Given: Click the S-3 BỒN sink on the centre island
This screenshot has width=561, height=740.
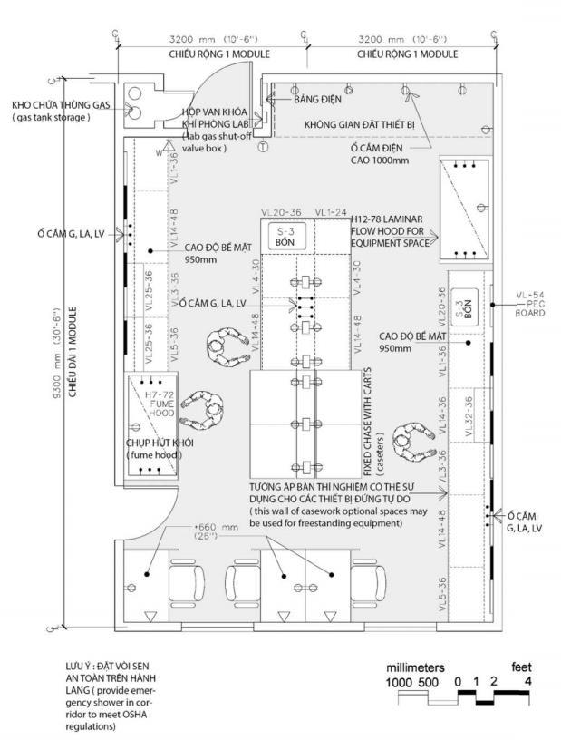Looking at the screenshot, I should tap(285, 235).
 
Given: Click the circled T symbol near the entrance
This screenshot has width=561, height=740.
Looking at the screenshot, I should tap(263, 146).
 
